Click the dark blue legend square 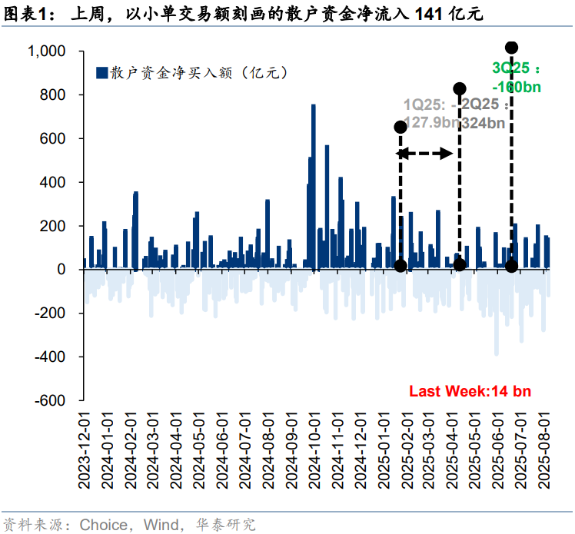101,73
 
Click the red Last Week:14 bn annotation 470,391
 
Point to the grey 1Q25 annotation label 431,113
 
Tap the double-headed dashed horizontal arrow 425,154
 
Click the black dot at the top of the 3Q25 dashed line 512,48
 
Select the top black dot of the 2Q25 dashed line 460,89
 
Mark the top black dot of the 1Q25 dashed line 401,126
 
